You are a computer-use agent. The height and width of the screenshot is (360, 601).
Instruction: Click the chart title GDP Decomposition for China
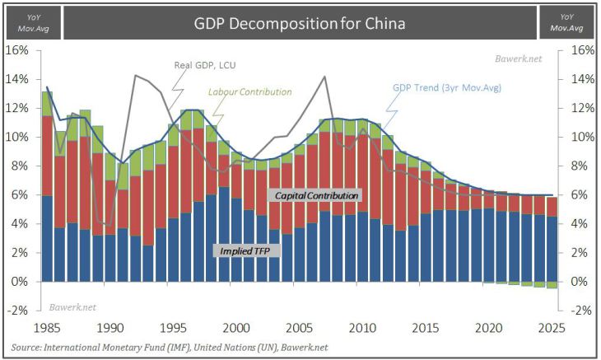tap(300, 23)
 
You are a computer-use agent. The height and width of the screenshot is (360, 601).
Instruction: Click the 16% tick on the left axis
tap(18, 50)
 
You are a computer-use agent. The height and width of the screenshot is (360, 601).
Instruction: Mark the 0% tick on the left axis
tap(21, 282)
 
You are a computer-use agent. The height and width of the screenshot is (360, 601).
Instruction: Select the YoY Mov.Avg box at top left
tap(31, 23)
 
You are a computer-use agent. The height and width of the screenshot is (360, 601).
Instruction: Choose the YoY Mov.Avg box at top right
tap(567, 23)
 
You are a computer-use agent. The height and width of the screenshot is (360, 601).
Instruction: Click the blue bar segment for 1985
tap(48, 238)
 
